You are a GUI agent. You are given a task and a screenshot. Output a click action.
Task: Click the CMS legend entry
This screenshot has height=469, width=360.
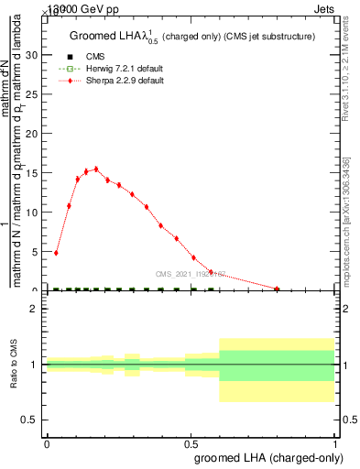[x=82, y=56]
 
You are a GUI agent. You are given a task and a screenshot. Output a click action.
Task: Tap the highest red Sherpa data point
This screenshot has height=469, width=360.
[x=96, y=169]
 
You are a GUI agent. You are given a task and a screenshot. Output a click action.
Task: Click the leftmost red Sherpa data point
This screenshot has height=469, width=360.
[x=56, y=253]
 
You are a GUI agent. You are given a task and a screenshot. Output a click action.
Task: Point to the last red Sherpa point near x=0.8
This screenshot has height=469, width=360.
[x=278, y=289]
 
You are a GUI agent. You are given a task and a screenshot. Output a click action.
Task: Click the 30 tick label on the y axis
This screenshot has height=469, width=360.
[x=34, y=55]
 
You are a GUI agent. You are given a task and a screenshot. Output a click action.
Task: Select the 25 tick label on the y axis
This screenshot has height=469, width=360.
[x=34, y=94]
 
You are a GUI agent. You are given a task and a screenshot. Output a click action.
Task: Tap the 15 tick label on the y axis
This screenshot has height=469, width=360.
[x=34, y=173]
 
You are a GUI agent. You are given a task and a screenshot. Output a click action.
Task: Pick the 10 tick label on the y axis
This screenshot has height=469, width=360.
[x=34, y=213]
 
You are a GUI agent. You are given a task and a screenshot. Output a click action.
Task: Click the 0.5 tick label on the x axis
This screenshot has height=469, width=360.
[x=191, y=442]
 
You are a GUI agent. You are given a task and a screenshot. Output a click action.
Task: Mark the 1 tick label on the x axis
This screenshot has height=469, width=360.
[x=335, y=442]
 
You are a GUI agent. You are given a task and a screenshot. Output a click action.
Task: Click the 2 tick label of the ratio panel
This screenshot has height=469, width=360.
[x=33, y=309]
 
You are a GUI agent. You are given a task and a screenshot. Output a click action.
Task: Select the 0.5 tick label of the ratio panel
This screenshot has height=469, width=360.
[x=29, y=420]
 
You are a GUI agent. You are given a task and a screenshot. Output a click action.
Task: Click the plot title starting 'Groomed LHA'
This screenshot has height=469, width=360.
[x=191, y=37]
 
